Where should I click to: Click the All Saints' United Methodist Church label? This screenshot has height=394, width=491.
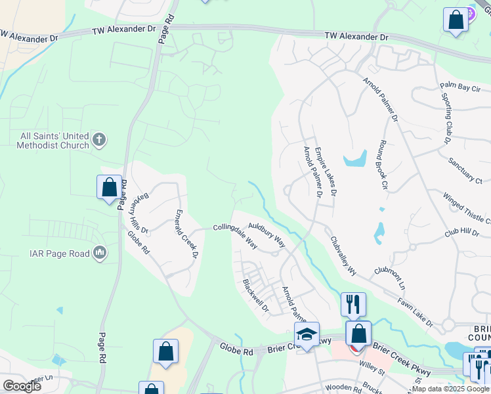(x=54, y=141)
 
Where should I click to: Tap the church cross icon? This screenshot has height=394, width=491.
(x=99, y=139)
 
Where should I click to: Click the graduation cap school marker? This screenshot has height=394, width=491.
(x=307, y=335)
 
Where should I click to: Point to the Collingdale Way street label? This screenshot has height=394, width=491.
(x=234, y=234)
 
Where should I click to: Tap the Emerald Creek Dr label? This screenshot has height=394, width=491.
(x=186, y=234)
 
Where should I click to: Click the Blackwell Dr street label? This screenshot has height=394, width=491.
(x=255, y=295)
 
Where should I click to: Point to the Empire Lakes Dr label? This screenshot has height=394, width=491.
(x=326, y=172)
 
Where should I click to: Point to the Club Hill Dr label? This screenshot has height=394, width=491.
(x=461, y=232)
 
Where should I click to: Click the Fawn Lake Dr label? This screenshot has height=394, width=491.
(x=415, y=312)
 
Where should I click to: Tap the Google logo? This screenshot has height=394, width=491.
(x=22, y=385)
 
